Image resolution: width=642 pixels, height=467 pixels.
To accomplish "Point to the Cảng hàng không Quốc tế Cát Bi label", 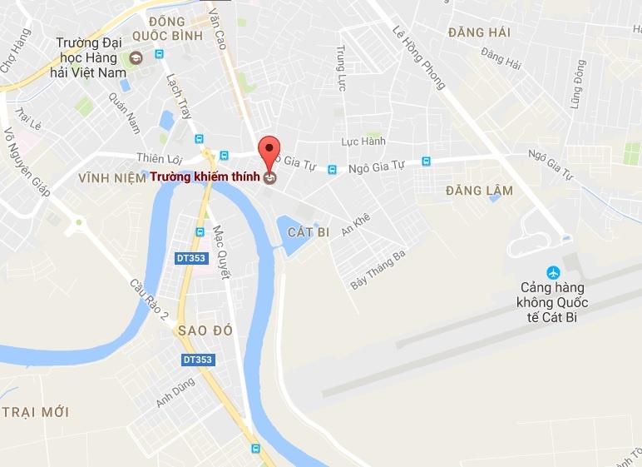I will (552, 301).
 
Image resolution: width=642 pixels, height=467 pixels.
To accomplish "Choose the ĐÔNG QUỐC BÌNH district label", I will (175, 29).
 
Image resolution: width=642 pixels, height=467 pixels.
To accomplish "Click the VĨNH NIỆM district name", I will (112, 178).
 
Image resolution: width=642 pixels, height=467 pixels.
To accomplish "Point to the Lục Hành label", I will (363, 142).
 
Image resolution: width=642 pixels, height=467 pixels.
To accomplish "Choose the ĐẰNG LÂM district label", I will (479, 191).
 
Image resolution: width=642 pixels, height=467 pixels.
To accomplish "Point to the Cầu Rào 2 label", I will (149, 297).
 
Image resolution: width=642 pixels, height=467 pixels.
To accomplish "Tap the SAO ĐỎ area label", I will (205, 330).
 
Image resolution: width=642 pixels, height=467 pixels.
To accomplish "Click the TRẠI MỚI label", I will (35, 412).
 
